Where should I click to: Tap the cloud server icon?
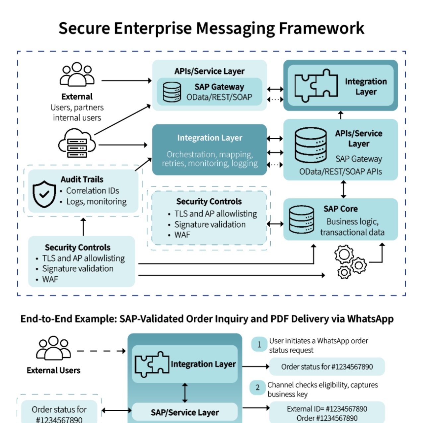pyautogui.click(x=77, y=144)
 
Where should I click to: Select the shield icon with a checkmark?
pyautogui.click(x=44, y=194)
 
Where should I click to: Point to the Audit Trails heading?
pyautogui.click(x=82, y=179)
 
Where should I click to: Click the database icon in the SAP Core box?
pyautogui.click(x=301, y=220)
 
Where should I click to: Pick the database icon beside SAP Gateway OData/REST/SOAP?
pyautogui.click(x=172, y=92)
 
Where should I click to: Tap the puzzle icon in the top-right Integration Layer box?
pyautogui.click(x=316, y=86)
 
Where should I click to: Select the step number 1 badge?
pyautogui.click(x=259, y=344)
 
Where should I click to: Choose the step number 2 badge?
pyautogui.click(x=257, y=388)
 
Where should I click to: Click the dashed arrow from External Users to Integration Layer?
pyautogui.click(x=101, y=351)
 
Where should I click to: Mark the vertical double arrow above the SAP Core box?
pyautogui.click(x=343, y=189)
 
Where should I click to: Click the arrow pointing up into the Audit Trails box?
pyautogui.click(x=83, y=227)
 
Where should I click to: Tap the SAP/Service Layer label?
pyautogui.click(x=185, y=412)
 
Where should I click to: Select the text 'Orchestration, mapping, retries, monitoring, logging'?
pyautogui.click(x=210, y=159)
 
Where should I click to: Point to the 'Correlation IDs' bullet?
pyautogui.click(x=92, y=191)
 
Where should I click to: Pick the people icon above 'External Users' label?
pyautogui.click(x=53, y=348)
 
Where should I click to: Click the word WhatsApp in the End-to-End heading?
pyautogui.click(x=370, y=319)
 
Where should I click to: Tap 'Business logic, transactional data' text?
pyautogui.click(x=352, y=227)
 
